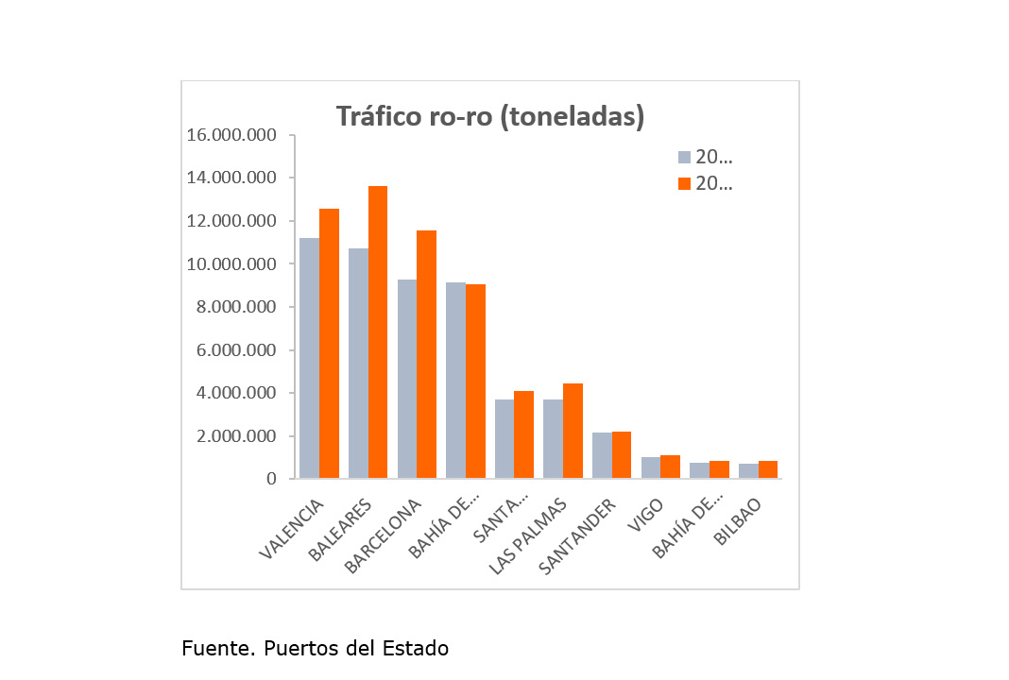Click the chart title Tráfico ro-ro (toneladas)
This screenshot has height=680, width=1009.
[x=490, y=117]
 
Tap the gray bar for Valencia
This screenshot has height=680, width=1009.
[x=309, y=358]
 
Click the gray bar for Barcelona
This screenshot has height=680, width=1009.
[x=406, y=379]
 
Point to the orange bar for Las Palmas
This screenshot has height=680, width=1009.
[x=573, y=431]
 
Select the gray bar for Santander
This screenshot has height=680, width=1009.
[x=602, y=455]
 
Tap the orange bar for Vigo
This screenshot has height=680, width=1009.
[x=670, y=467]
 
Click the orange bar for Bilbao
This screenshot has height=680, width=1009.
[x=768, y=469]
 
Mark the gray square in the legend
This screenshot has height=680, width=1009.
[x=685, y=158]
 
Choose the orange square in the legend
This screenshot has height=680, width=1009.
[x=685, y=184]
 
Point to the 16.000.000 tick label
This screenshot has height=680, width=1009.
[x=231, y=135]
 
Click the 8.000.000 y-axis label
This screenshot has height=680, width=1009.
[x=231, y=307]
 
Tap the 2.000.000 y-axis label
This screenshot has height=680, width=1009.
[x=231, y=436]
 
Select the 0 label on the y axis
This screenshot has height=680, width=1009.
[x=271, y=479]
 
